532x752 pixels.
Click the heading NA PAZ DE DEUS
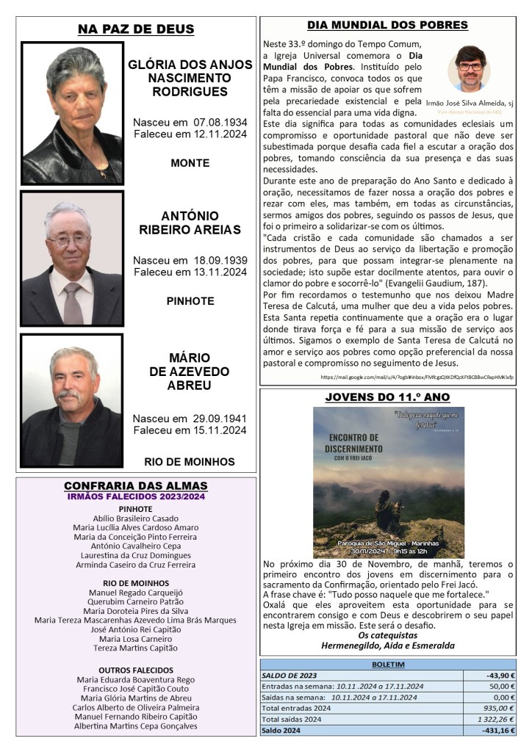point(136,29)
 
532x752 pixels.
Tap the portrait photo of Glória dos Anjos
point(72,112)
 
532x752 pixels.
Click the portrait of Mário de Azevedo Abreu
point(72,400)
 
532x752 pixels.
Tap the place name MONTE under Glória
point(190,163)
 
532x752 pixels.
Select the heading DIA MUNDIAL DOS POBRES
point(387,25)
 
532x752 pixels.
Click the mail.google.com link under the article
point(417,377)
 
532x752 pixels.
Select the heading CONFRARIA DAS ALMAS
point(136,486)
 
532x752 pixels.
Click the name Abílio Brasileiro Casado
point(136,517)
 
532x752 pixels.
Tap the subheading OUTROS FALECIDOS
point(136,670)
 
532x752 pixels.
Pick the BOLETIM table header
point(388,663)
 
